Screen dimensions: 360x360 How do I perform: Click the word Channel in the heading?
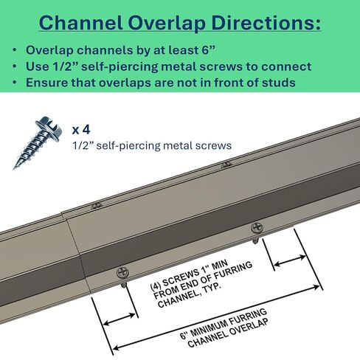pos(80,23)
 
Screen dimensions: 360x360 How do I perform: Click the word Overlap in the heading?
pos(167,24)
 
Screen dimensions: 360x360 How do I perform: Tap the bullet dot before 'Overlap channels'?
pos(15,50)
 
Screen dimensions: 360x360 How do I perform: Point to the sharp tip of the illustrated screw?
pos(14,168)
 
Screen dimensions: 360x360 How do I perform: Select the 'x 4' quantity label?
pos(81,130)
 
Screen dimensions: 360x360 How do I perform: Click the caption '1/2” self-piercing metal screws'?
pos(152,145)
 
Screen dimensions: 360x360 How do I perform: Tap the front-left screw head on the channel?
pos(122,273)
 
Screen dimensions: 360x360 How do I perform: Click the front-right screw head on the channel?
pos(257,228)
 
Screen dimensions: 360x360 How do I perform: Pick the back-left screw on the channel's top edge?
pos(97,206)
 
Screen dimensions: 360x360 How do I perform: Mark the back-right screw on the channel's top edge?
pos(226,165)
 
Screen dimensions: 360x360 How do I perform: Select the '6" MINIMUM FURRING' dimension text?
pos(224,323)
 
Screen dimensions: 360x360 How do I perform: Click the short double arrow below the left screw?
pos(119,319)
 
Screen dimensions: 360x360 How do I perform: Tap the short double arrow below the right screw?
pos(290,261)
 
